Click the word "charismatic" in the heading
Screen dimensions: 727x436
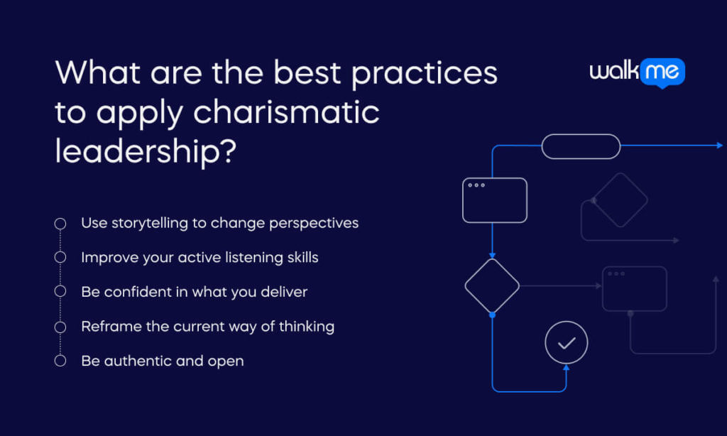coord(286,113)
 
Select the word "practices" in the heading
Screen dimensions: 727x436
coord(425,73)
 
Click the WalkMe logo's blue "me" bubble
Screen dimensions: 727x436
coord(662,72)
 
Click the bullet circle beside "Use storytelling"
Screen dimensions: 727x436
coord(60,224)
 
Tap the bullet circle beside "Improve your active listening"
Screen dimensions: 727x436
coord(60,257)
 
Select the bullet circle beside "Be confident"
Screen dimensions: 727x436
coord(60,291)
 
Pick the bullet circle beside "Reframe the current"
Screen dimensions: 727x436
coord(60,327)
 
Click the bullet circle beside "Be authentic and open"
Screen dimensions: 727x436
coord(60,361)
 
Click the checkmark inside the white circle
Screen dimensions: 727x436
coord(567,343)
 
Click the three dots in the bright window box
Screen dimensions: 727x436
coord(476,185)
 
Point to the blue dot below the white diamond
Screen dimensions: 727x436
coord(493,315)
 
